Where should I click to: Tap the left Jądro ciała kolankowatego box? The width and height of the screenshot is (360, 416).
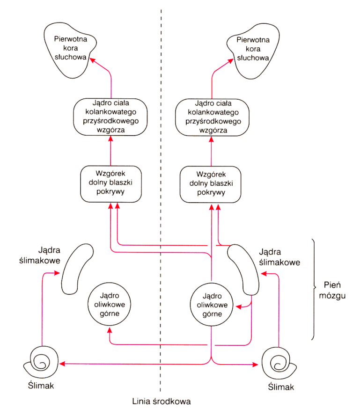pos(111,117)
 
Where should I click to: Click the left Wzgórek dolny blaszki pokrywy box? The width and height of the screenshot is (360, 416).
pos(111,183)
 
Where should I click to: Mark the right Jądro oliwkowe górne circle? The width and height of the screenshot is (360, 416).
pos(212,304)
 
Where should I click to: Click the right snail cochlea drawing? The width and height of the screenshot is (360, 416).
pos(279,362)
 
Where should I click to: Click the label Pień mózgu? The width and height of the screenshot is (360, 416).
pos(335,290)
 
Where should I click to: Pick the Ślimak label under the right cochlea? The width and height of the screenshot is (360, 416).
pos(281,387)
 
